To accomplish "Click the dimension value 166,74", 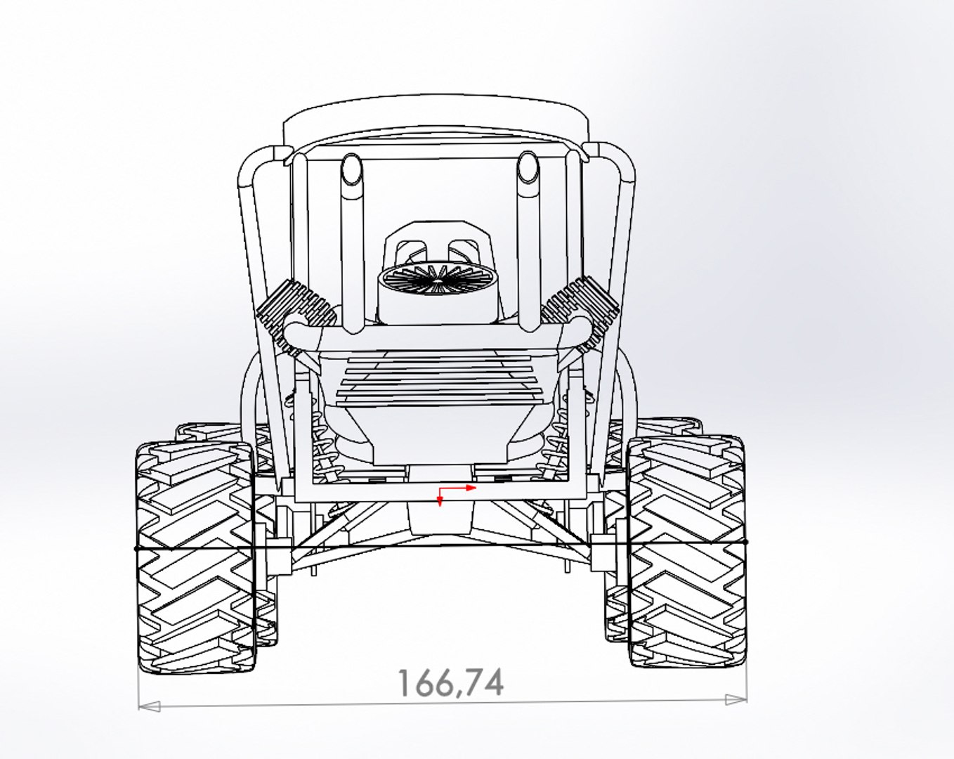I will click(x=450, y=682).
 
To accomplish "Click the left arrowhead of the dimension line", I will click(x=150, y=705).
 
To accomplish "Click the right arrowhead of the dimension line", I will click(x=736, y=699).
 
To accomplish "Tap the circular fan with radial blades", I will click(x=438, y=280).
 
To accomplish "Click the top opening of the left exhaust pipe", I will click(x=351, y=168).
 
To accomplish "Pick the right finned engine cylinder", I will click(x=580, y=309).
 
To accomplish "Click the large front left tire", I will click(x=195, y=555).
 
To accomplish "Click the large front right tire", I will click(x=687, y=552).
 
